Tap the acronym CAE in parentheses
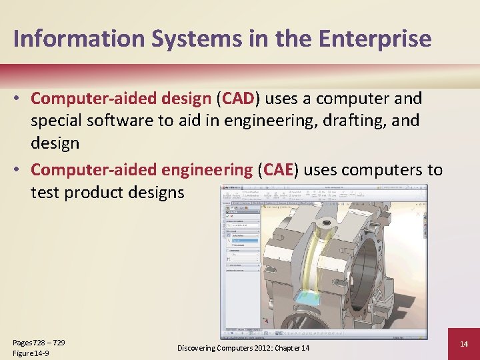(279, 170)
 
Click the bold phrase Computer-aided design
(121, 99)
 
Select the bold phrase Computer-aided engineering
(141, 170)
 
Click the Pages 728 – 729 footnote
(39, 342)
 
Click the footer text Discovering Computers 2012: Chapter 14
(243, 348)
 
